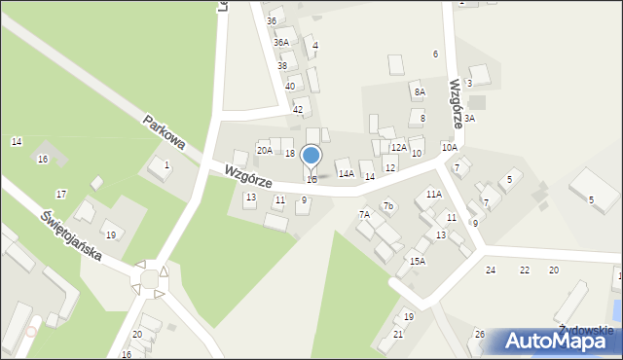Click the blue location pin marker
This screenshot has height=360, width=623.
point(311,156)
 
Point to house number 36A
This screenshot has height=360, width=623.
point(280,42)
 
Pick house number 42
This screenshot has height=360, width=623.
point(298,109)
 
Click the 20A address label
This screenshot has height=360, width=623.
point(264,149)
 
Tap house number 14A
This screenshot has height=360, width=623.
point(346,173)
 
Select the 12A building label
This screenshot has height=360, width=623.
point(398,147)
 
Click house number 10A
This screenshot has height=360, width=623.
point(449,147)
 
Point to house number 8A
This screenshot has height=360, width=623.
point(420,91)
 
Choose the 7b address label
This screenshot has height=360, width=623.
point(387,205)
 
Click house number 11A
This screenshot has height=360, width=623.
point(434,194)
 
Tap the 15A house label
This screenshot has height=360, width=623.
point(417,261)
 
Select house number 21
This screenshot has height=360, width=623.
point(397,334)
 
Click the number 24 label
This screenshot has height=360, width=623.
point(491,270)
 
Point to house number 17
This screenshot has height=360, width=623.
point(61,195)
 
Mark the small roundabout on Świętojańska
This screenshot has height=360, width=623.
point(149,278)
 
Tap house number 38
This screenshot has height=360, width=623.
point(282,65)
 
